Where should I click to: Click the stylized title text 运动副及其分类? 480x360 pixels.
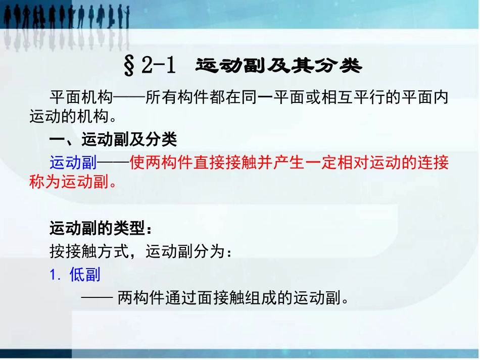[278, 66]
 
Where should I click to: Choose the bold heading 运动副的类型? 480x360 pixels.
[96, 229]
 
